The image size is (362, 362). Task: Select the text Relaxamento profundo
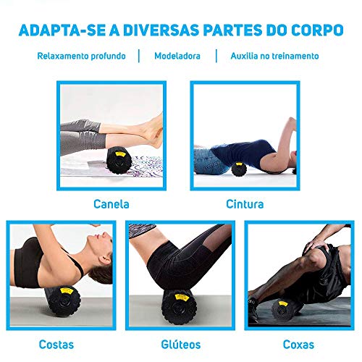click(82, 56)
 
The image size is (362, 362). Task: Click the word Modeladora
click(177, 56)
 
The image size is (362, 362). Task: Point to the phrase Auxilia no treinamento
click(274, 56)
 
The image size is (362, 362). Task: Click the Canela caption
click(111, 204)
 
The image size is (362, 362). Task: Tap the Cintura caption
click(244, 204)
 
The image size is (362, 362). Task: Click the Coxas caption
click(299, 344)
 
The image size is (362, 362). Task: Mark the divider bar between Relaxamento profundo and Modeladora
click(139, 56)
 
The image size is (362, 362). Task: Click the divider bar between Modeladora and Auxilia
click(216, 56)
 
